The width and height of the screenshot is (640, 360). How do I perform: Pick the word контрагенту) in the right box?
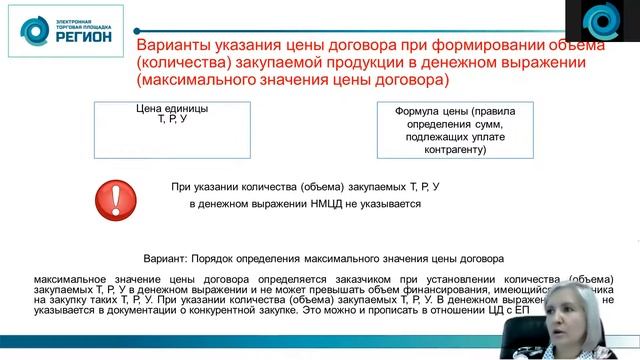coord(454,150)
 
